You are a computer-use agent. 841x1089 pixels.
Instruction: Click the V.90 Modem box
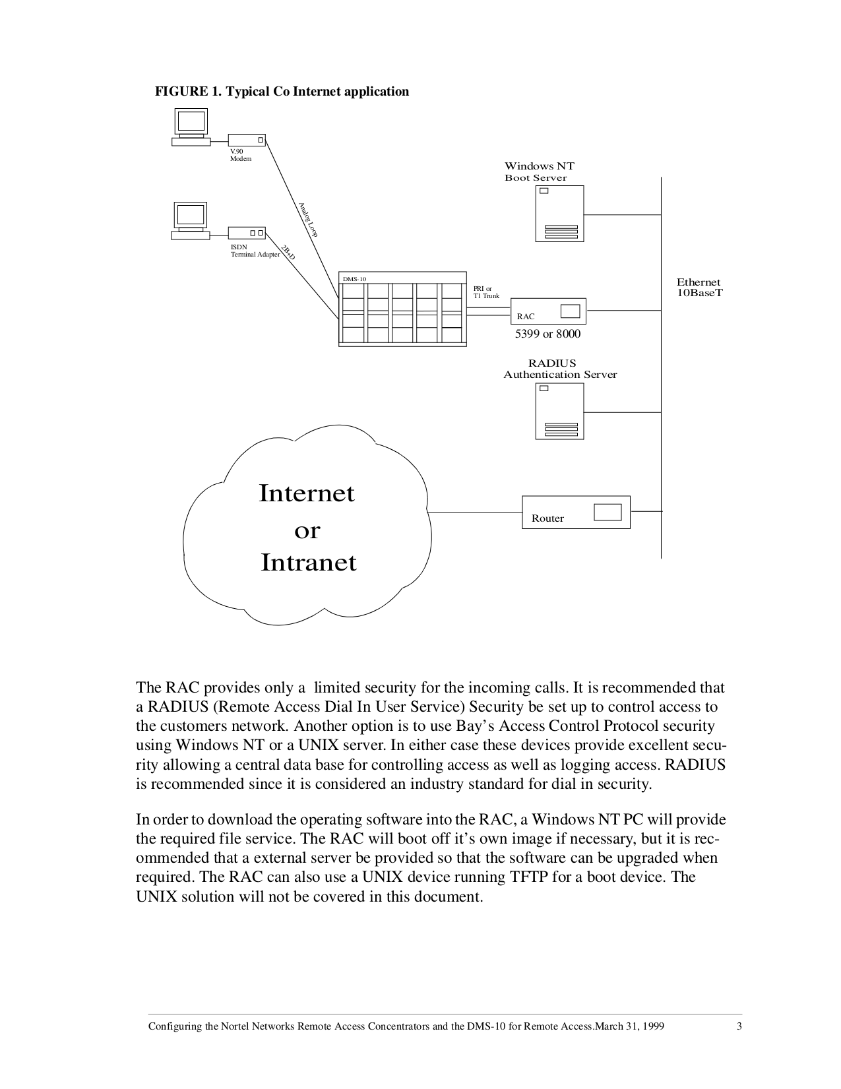coord(247,140)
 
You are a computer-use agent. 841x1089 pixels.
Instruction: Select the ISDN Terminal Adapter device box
coord(247,233)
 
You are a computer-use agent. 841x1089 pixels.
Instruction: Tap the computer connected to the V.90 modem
coord(191,127)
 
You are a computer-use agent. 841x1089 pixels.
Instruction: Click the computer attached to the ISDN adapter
coord(191,220)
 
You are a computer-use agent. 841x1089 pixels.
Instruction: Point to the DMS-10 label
coord(354,279)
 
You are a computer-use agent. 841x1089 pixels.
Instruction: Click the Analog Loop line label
coord(308,220)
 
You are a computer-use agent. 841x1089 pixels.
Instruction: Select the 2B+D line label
coord(288,252)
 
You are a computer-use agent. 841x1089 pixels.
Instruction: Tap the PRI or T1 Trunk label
coord(486,292)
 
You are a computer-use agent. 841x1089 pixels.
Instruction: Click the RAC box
coord(548,311)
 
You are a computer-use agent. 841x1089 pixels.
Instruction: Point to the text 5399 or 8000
coord(547,334)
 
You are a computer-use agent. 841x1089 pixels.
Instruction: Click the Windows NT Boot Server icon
coord(559,213)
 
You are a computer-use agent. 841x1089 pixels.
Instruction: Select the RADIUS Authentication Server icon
coord(559,411)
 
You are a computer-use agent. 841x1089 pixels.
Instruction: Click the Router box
coord(576,512)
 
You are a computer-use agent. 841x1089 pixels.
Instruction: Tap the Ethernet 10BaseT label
coord(699,287)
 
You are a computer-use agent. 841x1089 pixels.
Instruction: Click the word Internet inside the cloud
coord(307,493)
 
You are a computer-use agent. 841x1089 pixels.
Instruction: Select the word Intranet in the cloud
coord(309,563)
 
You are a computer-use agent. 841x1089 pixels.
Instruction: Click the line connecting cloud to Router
coord(475,513)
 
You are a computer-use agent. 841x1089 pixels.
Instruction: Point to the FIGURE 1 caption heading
coord(282,92)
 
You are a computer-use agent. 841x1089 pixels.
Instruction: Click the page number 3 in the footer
coord(739,1026)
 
